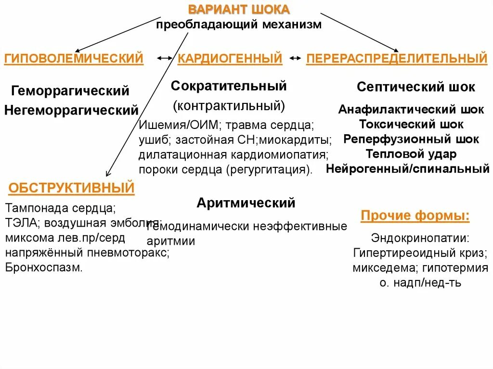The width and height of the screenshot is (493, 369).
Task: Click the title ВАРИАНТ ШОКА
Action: click(x=239, y=10)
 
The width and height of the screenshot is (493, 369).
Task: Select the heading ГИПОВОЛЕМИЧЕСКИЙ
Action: click(x=74, y=59)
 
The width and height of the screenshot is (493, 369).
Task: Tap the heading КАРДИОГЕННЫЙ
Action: click(x=230, y=59)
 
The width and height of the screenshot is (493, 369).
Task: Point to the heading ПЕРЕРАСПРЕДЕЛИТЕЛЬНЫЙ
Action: click(x=397, y=59)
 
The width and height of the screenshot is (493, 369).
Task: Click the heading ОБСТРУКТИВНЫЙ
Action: click(x=71, y=188)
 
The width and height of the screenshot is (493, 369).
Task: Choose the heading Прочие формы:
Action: click(x=415, y=216)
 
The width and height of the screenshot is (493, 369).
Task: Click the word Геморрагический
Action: click(x=71, y=90)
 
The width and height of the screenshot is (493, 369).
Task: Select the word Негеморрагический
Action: click(x=71, y=110)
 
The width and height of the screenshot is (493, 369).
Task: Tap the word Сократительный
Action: click(x=229, y=86)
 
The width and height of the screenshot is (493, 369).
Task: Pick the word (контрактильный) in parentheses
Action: click(x=229, y=105)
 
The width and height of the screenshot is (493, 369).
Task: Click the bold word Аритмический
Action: click(x=246, y=203)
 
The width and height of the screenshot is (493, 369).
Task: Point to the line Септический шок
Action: click(x=415, y=87)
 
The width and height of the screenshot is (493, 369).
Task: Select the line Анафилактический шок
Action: click(x=411, y=109)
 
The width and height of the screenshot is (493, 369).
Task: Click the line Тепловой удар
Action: click(x=411, y=154)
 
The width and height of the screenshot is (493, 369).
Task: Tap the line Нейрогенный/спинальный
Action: click(x=408, y=169)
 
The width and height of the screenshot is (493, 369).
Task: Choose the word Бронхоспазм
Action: click(x=44, y=268)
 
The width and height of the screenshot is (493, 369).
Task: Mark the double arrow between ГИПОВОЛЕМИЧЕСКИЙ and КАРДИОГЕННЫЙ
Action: click(x=164, y=58)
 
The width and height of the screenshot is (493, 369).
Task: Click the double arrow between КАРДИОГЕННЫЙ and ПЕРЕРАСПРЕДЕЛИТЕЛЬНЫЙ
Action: click(x=295, y=58)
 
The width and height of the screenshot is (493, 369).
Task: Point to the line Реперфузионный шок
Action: click(x=411, y=139)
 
